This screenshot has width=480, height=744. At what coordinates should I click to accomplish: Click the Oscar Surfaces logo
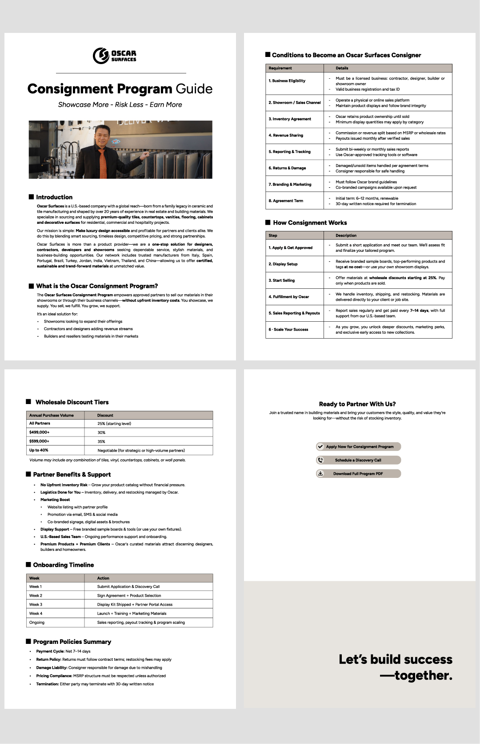tap(114, 56)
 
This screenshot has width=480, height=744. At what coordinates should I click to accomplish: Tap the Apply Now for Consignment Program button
tap(358, 446)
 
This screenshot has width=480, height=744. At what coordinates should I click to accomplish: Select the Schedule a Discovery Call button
tap(358, 460)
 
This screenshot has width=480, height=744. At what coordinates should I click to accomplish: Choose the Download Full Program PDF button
tap(358, 473)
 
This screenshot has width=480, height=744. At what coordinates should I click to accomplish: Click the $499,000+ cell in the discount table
tap(40, 432)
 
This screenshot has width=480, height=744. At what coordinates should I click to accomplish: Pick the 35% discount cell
tap(101, 441)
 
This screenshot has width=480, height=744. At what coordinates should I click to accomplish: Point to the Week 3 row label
tap(36, 604)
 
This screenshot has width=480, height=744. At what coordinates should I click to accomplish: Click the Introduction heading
tap(54, 197)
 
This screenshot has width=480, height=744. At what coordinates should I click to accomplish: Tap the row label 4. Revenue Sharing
tap(286, 135)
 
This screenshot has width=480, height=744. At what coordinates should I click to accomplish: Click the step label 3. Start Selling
tap(281, 280)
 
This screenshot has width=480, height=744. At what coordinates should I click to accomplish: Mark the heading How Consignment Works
tap(310, 222)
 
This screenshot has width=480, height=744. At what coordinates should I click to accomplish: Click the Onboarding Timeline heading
tap(63, 565)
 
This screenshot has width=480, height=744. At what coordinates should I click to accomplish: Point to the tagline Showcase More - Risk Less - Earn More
tap(120, 105)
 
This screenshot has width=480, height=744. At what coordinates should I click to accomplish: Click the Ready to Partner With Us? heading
tap(357, 404)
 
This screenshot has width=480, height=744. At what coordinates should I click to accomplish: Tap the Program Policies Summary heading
tap(72, 642)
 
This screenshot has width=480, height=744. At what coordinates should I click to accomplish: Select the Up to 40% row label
tap(39, 450)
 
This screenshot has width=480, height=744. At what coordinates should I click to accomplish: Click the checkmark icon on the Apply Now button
tap(320, 446)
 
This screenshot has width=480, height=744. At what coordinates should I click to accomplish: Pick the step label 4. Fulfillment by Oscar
tap(288, 297)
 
